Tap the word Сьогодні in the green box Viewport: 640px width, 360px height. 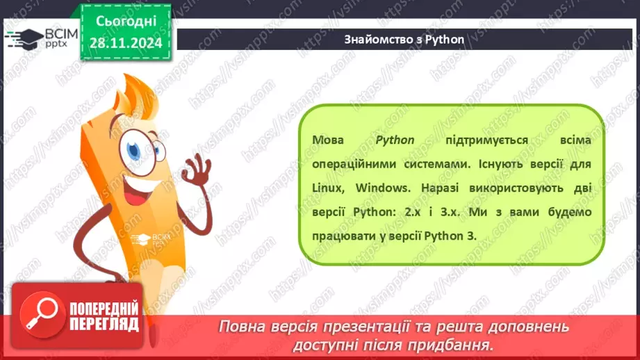point(125,21)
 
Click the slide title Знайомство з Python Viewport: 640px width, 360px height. point(404,39)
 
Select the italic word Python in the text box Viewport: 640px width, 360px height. point(395,140)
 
